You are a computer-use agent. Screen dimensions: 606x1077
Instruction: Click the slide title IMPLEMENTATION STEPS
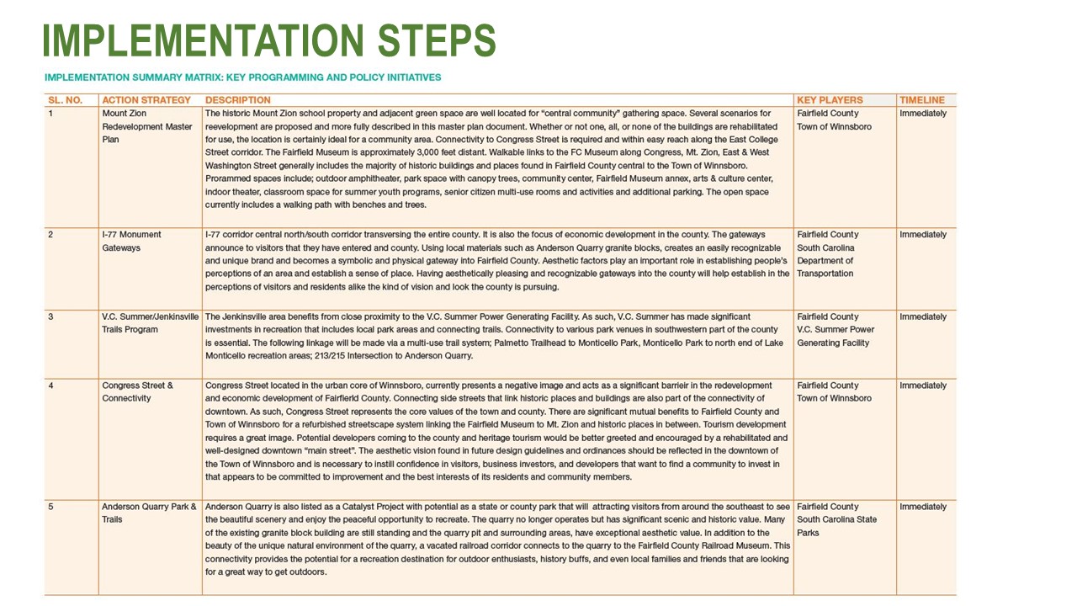(x=268, y=40)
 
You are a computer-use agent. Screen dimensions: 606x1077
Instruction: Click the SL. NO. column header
(x=65, y=100)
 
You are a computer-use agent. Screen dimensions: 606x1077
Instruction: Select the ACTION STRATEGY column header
(x=146, y=100)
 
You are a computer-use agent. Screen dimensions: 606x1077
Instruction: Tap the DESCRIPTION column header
(x=238, y=100)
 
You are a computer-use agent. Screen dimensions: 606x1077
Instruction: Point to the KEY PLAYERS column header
(x=830, y=100)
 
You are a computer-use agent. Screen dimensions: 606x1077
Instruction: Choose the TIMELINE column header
(x=922, y=100)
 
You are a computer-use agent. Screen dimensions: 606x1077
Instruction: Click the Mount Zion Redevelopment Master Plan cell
(x=147, y=126)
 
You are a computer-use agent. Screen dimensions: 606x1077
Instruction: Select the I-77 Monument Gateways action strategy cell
(x=132, y=242)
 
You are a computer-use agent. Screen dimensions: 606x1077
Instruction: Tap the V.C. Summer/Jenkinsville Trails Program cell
(x=150, y=323)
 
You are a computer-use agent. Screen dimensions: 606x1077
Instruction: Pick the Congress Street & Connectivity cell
(x=137, y=392)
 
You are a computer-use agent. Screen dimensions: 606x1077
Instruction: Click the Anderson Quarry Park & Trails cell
(x=149, y=513)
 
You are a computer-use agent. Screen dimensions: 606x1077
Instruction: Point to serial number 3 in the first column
(x=50, y=317)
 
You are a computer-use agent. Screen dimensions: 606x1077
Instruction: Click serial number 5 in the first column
(x=50, y=507)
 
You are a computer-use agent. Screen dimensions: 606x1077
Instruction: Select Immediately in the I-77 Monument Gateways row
(x=923, y=235)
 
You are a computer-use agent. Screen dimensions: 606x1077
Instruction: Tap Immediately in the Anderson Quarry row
(x=923, y=507)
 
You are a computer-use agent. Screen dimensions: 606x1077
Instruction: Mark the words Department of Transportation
(x=825, y=268)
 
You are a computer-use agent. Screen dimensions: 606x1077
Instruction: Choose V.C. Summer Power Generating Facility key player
(x=836, y=336)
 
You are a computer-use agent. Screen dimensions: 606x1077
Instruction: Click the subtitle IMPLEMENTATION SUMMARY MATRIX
(x=242, y=77)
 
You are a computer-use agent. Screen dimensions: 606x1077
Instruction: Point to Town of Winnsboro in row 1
(x=834, y=127)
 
